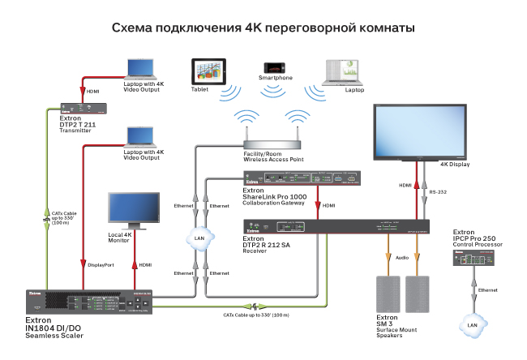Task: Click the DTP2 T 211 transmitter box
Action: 83,106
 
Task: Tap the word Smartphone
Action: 275,78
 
